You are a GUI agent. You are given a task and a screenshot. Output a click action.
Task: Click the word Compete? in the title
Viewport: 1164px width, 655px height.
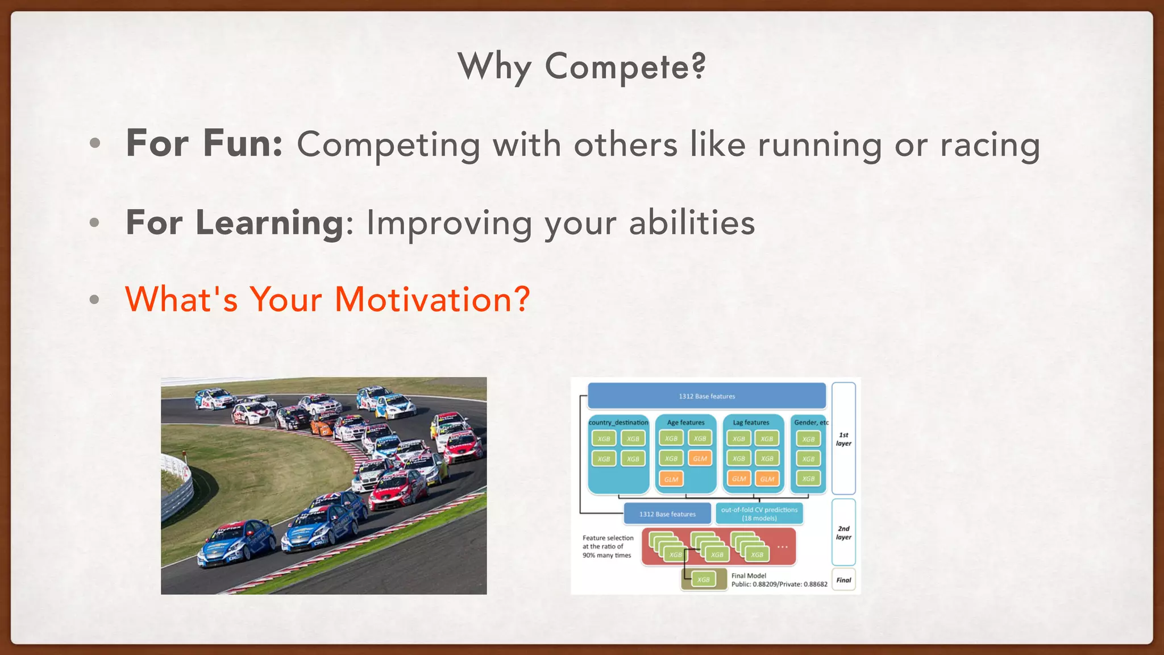coord(625,67)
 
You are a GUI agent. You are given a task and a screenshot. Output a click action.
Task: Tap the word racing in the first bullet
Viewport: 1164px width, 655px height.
coord(990,145)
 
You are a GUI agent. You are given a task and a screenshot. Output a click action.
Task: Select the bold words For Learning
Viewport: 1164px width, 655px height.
coord(234,222)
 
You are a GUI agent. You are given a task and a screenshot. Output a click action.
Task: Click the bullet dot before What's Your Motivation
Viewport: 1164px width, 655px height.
coord(95,300)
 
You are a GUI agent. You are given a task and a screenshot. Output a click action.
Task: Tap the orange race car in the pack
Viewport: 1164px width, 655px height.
coord(325,425)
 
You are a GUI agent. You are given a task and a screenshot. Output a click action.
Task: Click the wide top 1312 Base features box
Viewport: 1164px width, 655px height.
coord(706,396)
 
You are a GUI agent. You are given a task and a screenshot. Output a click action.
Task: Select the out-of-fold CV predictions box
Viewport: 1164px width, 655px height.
coord(759,513)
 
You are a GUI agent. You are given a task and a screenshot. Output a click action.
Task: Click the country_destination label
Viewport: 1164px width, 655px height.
coord(618,422)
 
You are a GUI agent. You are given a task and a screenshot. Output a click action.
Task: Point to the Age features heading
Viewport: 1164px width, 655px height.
coord(685,422)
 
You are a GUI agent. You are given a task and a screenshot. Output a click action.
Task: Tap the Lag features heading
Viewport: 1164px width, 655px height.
coord(751,422)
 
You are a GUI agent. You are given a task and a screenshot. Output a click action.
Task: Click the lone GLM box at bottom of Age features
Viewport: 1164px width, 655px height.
coord(671,479)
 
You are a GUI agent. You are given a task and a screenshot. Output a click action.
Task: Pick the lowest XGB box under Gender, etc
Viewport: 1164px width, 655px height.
coord(808,479)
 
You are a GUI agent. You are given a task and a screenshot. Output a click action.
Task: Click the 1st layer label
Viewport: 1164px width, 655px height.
coord(843,439)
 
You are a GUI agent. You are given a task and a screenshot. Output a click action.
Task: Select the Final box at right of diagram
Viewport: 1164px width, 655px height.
coord(843,580)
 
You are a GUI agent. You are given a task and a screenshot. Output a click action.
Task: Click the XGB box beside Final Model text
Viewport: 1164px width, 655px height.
coord(704,579)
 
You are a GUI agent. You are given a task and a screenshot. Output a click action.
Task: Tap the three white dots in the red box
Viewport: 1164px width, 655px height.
coord(783,547)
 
